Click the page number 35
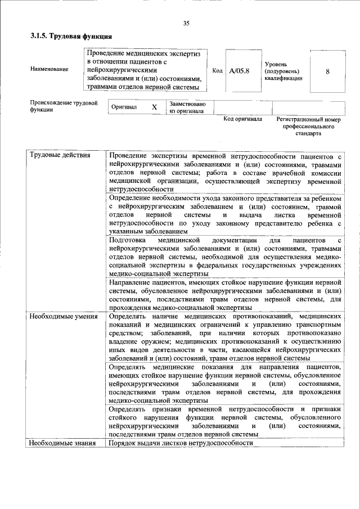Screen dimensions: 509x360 tap(186, 23)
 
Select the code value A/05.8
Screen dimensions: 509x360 tap(237, 71)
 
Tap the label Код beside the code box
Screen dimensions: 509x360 tap(217, 71)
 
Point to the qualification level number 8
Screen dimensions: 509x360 tap(327, 71)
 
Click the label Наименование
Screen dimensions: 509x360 tap(49, 69)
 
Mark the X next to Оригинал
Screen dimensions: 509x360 tap(154, 107)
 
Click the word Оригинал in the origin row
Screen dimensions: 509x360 tap(124, 107)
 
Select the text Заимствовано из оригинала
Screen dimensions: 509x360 tap(187, 107)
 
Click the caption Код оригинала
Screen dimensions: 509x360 tap(242, 119)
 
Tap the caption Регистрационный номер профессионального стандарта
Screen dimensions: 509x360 tap(308, 127)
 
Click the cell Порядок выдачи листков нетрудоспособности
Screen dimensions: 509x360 tap(181, 443)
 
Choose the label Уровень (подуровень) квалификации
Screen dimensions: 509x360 tap(284, 71)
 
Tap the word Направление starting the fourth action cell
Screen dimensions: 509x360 tap(133, 282)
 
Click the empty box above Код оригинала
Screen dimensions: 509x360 tap(242, 107)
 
